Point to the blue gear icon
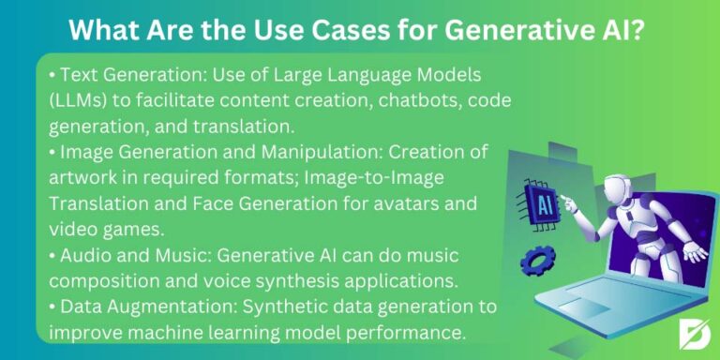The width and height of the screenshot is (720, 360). [538, 259]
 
